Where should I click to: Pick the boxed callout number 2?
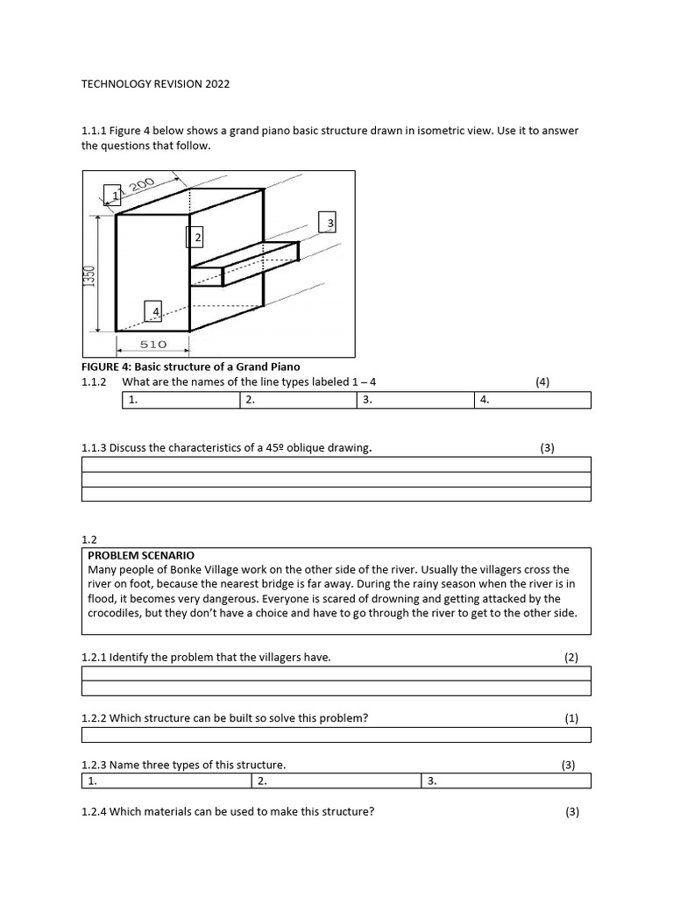[197, 237]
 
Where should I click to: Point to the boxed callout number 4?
[154, 311]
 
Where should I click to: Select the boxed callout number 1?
[113, 194]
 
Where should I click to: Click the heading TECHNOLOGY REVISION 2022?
[155, 84]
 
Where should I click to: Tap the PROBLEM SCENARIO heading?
[141, 555]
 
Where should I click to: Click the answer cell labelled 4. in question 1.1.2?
[533, 400]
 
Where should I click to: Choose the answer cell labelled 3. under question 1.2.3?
[507, 780]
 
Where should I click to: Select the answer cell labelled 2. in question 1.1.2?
[298, 400]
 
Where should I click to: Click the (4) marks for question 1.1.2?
[542, 382]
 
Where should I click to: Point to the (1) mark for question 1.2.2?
[571, 718]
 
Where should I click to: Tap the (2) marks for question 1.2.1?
[571, 657]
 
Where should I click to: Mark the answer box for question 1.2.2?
[336, 735]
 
